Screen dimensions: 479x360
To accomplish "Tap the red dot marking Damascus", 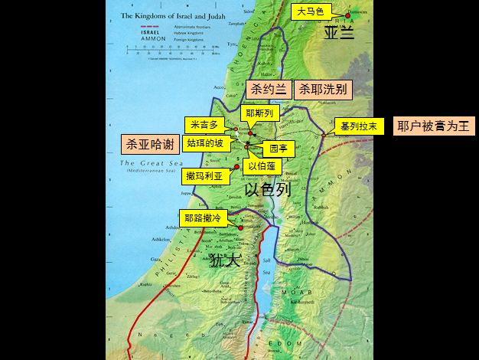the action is [x=347, y=15].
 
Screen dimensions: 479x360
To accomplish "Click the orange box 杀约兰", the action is [x=268, y=90].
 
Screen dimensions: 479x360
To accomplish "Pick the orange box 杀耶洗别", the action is [x=323, y=90].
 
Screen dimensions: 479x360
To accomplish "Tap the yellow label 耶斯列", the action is [x=258, y=113].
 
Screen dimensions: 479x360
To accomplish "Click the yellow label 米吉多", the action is [x=203, y=125].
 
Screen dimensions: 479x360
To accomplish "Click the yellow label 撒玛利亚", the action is [x=205, y=175].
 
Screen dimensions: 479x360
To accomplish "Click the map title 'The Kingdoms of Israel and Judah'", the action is [x=172, y=15].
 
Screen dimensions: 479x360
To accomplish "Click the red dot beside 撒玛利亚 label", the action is [x=236, y=175].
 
